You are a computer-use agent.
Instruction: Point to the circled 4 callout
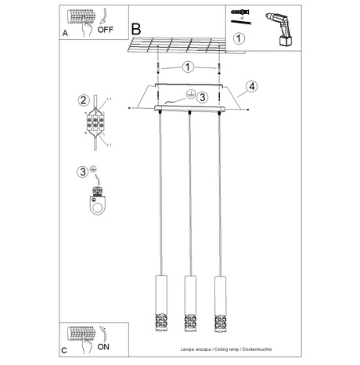250,86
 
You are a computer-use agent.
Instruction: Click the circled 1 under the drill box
239,37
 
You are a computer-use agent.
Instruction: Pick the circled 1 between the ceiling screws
188,67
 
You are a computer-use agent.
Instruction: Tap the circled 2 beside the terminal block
82,99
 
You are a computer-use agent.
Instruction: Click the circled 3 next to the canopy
201,97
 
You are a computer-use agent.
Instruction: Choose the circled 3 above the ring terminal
82,172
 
